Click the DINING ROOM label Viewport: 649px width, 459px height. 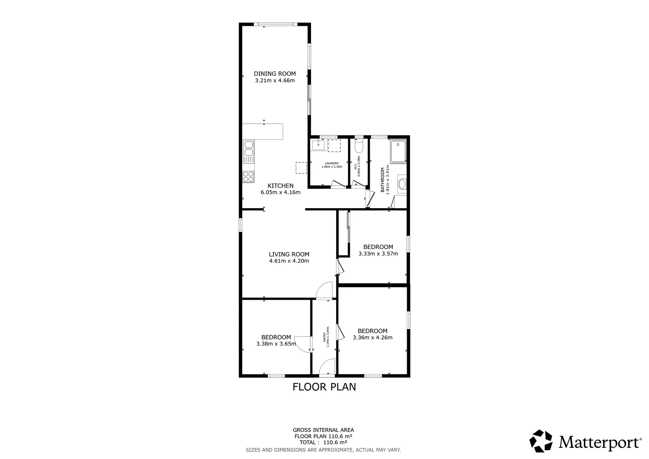pos(275,74)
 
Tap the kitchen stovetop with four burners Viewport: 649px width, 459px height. pos(248,176)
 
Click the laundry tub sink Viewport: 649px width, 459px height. pos(318,145)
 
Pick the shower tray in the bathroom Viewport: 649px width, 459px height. pos(398,151)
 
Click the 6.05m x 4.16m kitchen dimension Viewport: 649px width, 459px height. pos(281,192)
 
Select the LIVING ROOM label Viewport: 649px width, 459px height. pos(289,254)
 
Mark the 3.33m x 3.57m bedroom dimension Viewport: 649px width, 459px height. pos(378,254)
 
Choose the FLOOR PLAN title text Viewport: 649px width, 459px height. pos(324,387)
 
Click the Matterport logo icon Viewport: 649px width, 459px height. pos(541,441)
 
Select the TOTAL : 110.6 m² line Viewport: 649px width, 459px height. pos(323,442)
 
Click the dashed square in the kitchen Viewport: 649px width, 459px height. pos(301,168)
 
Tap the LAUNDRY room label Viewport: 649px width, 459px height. pos(332,163)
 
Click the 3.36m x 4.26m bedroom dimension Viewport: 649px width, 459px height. pos(372,338)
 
